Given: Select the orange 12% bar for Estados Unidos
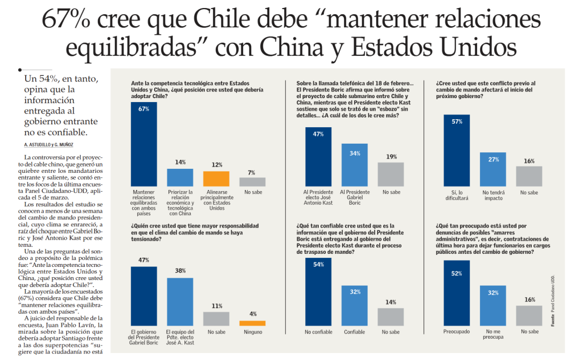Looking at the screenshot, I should point(216,179).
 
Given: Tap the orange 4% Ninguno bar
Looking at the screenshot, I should point(252,323).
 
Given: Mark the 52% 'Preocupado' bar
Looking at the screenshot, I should point(457,293).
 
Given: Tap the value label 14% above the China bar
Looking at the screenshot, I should point(180,163).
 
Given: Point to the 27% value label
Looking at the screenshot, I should point(493,159).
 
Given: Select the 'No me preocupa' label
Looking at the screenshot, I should point(493,334).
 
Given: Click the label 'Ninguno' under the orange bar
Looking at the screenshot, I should point(252,331).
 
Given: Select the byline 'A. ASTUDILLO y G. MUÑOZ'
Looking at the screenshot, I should point(49,145).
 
